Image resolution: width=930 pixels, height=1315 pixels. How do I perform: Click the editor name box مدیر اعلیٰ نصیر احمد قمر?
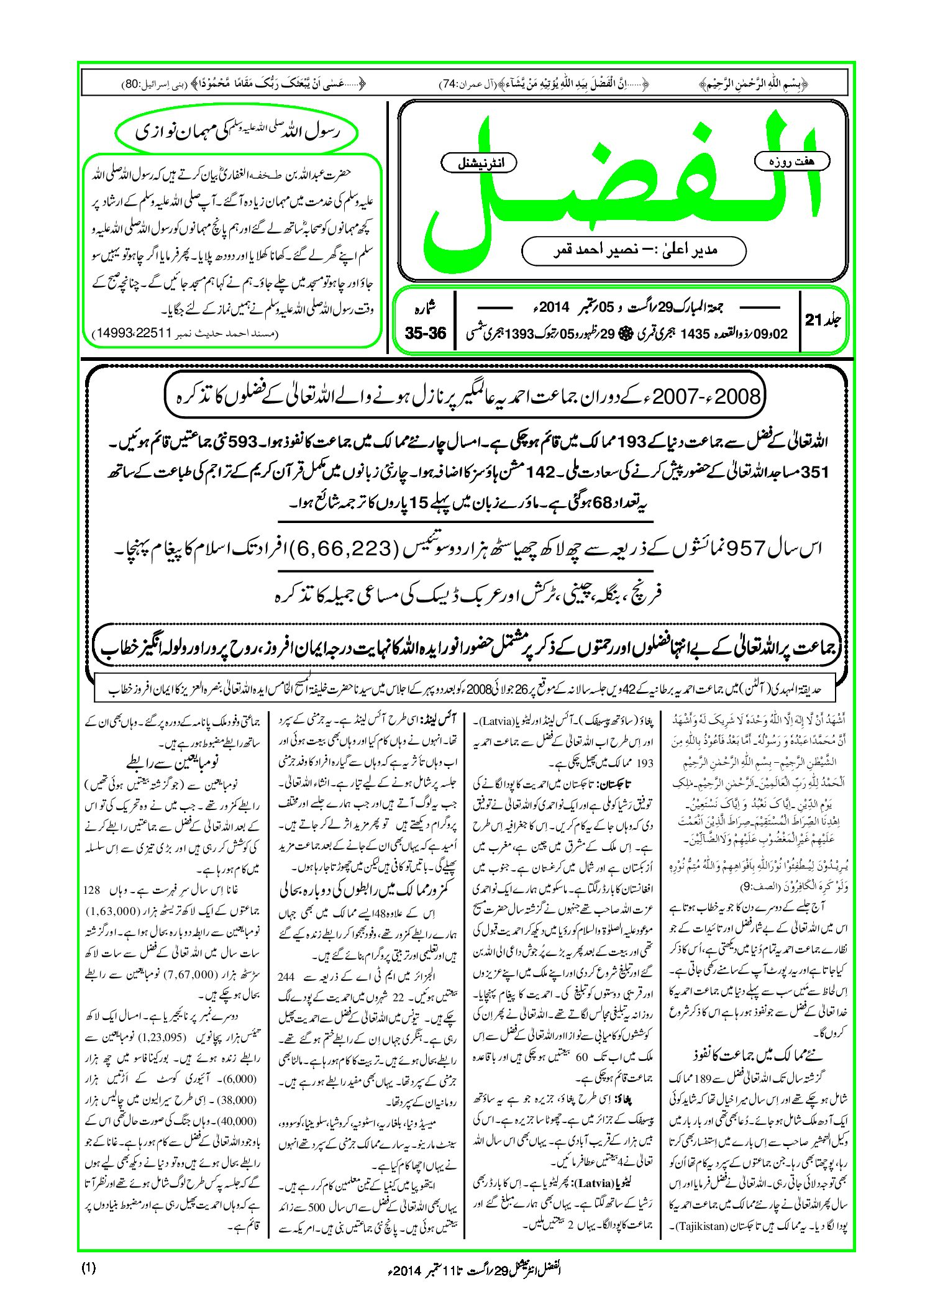[634, 250]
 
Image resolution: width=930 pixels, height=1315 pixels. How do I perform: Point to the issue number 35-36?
[425, 334]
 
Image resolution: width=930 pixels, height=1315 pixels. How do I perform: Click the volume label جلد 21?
[823, 320]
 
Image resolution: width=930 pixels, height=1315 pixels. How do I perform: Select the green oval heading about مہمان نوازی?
[237, 132]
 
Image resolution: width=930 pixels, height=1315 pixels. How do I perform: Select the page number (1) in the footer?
[88, 1268]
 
